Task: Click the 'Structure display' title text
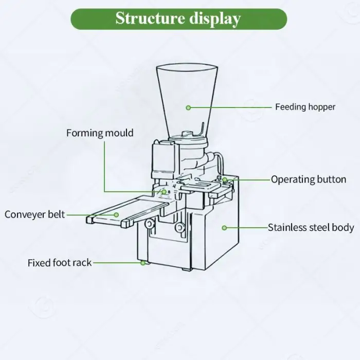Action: click(178, 19)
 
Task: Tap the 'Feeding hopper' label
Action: click(305, 107)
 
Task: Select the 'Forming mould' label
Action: click(100, 133)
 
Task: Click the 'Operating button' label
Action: click(309, 179)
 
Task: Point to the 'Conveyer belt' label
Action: click(35, 214)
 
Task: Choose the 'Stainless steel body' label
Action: click(311, 227)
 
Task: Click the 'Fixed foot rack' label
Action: click(60, 263)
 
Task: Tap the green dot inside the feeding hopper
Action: click(188, 107)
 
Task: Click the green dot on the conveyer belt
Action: click(117, 214)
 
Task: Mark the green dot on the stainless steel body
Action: click(224, 227)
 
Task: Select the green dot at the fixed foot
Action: click(142, 263)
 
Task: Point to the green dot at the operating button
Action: click(225, 179)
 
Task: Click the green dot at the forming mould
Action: click(164, 192)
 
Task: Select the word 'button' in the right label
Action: click(332, 179)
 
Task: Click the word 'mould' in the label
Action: click(119, 133)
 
